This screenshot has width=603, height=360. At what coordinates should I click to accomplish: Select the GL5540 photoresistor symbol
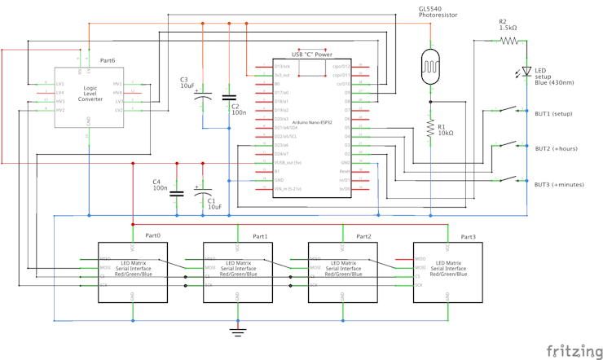[x=429, y=63]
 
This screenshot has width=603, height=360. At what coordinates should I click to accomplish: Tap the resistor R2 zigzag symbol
[x=509, y=39]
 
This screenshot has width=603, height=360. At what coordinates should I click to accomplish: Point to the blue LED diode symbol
[x=527, y=72]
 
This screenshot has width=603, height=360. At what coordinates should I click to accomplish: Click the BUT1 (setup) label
[x=555, y=114]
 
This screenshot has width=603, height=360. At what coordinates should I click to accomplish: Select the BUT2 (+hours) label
[x=556, y=149]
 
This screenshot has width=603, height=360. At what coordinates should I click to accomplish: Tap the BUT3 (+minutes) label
[x=559, y=184]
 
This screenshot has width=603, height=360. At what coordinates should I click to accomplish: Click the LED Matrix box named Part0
[x=132, y=272]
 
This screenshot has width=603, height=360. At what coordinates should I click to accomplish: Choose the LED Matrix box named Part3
[x=447, y=272]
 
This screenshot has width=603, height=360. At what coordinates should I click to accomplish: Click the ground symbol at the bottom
[x=237, y=331]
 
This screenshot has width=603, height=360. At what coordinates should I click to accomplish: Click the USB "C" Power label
[x=311, y=55]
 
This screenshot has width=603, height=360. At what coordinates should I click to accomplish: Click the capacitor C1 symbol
[x=203, y=194]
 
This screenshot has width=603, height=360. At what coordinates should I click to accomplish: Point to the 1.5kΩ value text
[x=508, y=28]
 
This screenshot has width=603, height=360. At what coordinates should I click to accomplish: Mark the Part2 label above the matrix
[x=363, y=236]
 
